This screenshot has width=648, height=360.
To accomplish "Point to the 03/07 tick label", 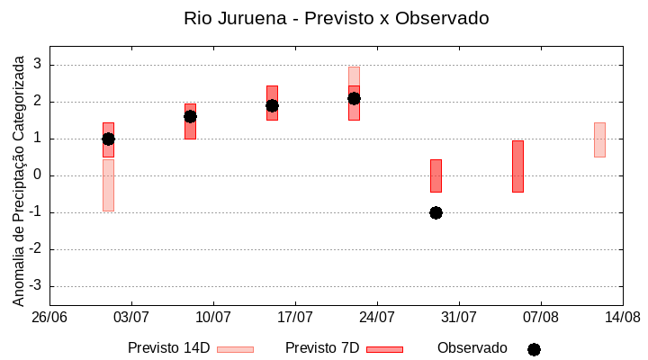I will [x=131, y=317].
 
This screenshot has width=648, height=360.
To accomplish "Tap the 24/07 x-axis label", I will [x=377, y=317].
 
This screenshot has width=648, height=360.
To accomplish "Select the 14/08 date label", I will [x=622, y=317].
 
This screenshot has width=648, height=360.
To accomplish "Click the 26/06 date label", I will [x=49, y=317].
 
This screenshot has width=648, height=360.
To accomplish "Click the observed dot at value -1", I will [x=436, y=212].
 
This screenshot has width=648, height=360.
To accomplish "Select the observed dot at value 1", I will [x=108, y=139].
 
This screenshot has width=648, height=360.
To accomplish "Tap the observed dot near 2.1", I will [x=354, y=98].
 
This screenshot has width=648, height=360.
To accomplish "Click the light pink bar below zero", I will [x=108, y=185].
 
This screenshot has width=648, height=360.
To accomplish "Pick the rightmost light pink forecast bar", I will [x=599, y=139].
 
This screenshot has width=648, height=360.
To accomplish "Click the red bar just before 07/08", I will [x=517, y=166].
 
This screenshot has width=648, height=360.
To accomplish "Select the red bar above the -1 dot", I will [x=436, y=175].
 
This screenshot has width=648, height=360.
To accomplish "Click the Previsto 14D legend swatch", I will [x=235, y=349].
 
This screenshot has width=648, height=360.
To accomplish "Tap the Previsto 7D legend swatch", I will [x=384, y=349].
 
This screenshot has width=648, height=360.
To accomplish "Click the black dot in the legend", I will [x=534, y=349].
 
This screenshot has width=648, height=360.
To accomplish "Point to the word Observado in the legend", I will [x=472, y=347].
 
